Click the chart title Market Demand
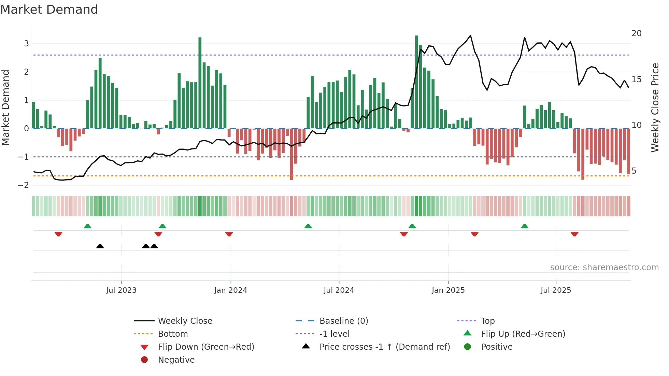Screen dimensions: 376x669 49,10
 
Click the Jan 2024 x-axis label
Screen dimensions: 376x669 230,290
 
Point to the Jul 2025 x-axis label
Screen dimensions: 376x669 556,290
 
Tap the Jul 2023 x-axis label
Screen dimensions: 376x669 121,290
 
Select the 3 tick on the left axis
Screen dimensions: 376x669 26,44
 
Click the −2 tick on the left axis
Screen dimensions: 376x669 24,185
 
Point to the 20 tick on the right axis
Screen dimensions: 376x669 637,33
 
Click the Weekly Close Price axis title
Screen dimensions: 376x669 655,107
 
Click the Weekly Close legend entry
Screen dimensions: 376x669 185,321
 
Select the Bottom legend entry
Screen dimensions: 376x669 173,334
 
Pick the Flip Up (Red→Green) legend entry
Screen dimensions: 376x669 523,334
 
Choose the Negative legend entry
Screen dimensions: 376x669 176,360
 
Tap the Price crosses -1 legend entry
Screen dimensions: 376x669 385,347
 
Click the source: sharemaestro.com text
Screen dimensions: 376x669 604,267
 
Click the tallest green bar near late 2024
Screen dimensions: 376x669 416,82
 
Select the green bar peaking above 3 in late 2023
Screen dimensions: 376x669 200,83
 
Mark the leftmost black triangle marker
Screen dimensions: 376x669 100,246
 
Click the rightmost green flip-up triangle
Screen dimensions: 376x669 525,226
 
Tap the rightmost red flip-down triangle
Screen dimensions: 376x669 574,234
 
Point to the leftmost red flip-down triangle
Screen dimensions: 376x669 58,234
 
